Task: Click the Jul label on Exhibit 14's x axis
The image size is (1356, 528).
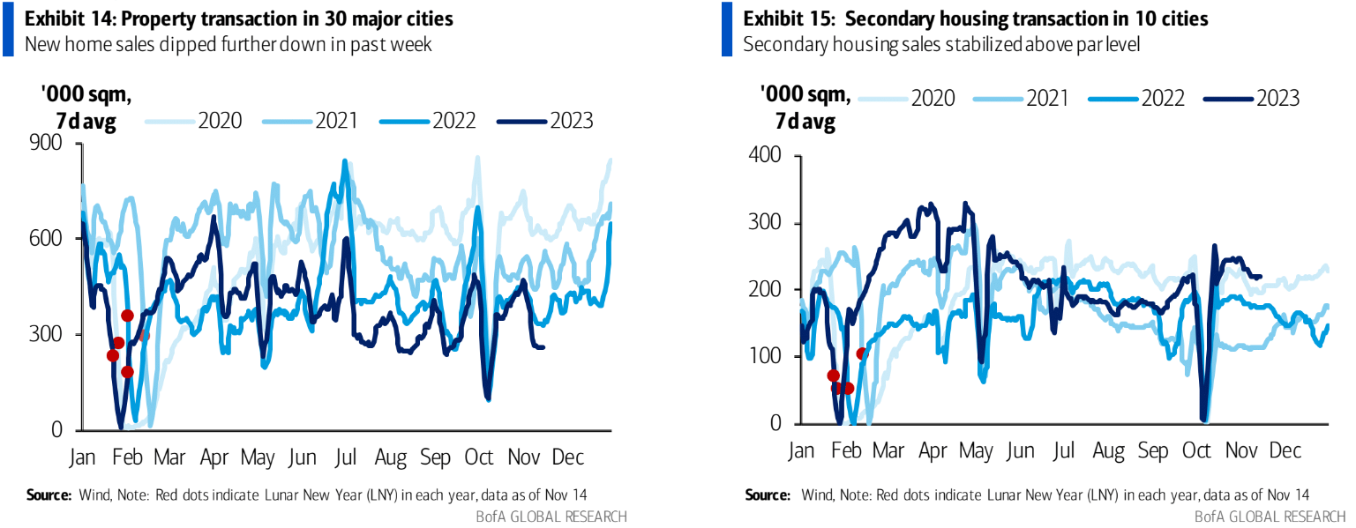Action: pos(346,457)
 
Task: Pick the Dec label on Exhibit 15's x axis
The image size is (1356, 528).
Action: pos(1285,450)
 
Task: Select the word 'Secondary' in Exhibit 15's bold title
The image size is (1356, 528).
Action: pos(850,19)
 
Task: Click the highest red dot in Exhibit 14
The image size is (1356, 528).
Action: pos(127,316)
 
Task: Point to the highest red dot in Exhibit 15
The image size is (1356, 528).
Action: pos(862,353)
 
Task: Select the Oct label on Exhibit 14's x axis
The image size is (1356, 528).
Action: pos(479,457)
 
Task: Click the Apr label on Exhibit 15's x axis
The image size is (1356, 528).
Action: pos(933,450)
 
